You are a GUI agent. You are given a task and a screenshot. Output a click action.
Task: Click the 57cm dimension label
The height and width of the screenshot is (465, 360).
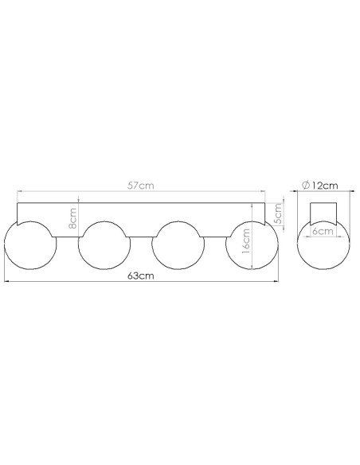click(140, 186)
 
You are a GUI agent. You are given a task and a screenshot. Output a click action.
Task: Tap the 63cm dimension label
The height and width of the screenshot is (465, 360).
click(141, 275)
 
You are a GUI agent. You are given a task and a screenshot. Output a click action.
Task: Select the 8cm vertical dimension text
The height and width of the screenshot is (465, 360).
click(72, 218)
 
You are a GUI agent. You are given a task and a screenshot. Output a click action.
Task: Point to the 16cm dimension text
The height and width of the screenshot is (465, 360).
click(246, 240)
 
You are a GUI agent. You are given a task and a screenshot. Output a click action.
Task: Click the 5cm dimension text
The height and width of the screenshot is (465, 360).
click(277, 214)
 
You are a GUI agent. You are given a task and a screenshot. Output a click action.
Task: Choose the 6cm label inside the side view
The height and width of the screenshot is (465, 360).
click(323, 231)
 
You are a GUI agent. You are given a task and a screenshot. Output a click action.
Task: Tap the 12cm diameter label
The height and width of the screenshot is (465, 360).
click(324, 186)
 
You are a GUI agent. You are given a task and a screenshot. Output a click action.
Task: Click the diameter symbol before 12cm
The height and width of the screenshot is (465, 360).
click(306, 186)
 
